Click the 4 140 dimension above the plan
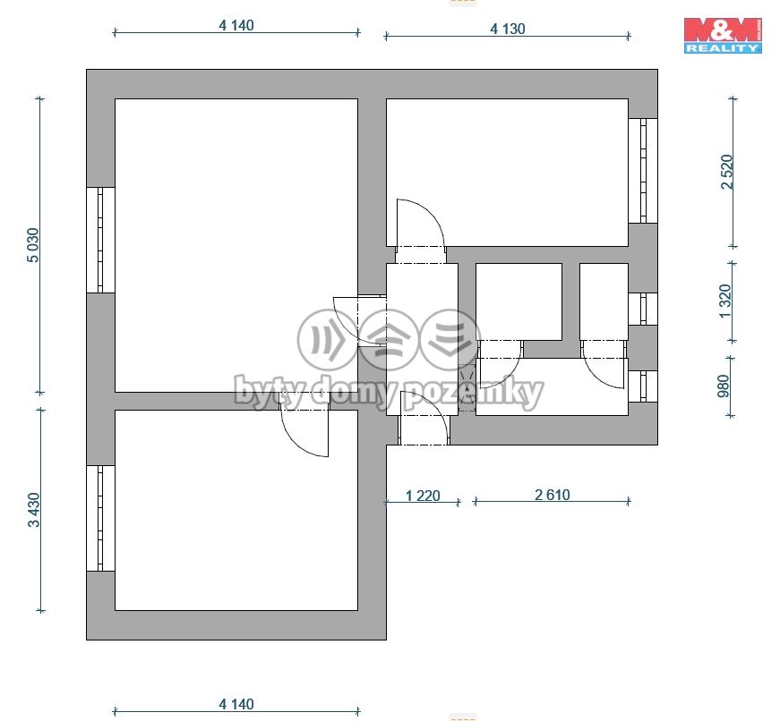pos(236,25)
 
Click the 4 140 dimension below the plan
pos(236,704)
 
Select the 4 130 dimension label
pos(508,29)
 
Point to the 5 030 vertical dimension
pos(33,245)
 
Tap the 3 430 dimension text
pos(33,510)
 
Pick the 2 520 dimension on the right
pos(727,172)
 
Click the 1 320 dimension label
pos(725,301)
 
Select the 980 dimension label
pos(724,386)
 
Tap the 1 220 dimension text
pos(423,496)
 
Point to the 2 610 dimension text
pos(553,495)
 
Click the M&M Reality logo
pos(723,35)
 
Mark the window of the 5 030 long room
pos(100,240)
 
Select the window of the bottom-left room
pos(100,518)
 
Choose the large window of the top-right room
pos(643,171)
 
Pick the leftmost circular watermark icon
pos(328,340)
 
